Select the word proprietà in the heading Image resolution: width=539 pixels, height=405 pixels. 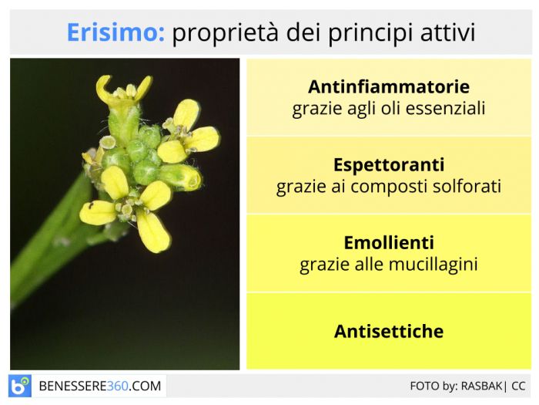(225, 33)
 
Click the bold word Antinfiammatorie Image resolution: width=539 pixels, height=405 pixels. (389, 86)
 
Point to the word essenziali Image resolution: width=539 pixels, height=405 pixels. (445, 108)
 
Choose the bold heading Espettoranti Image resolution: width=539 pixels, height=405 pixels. (389, 165)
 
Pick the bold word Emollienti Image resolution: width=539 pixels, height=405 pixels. (389, 243)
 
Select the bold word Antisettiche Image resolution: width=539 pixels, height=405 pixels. (389, 331)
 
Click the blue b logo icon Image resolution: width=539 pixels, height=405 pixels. (19, 386)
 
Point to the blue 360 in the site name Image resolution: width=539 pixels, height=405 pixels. (118, 386)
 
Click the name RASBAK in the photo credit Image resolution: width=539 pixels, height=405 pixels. (481, 386)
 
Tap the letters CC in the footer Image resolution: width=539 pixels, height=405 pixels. (518, 386)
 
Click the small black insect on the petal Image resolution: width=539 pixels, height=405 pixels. (91, 206)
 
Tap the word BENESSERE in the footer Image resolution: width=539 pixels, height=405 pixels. (73, 386)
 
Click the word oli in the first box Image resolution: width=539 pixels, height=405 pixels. (390, 108)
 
